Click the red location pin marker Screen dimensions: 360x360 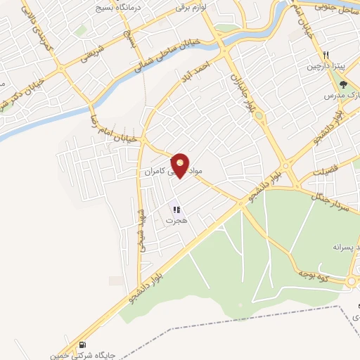[181, 165]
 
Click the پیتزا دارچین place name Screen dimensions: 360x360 [321, 66]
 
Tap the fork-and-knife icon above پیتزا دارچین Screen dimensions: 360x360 [327, 55]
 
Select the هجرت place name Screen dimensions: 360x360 [173, 220]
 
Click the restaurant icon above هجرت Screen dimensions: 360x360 [176, 209]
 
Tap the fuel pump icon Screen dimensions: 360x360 [84, 345]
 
